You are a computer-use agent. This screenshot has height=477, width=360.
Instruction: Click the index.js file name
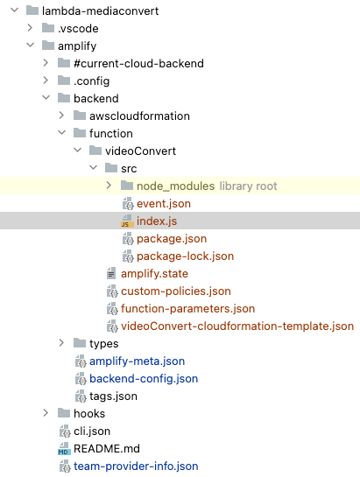coord(156,221)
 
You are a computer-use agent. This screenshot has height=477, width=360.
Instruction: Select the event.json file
coord(163,203)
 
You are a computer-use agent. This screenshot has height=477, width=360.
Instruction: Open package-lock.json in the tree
coord(185,256)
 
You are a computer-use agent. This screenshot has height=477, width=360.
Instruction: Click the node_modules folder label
coord(175,186)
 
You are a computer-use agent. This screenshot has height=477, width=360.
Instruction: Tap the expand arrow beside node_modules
coord(109,186)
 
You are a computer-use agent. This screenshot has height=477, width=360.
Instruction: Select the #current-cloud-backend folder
coord(138,64)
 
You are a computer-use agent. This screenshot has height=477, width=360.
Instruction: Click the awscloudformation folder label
coord(139,116)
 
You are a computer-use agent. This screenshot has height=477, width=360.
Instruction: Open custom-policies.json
coord(175,291)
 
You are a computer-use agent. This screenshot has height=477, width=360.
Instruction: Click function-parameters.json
coord(187,308)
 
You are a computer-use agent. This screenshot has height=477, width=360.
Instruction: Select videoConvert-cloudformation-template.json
coord(236,326)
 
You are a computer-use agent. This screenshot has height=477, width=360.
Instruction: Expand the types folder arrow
coord(61,343)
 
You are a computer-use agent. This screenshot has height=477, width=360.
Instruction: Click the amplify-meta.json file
coord(137,361)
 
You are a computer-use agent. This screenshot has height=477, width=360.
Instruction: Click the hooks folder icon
coord(63,413)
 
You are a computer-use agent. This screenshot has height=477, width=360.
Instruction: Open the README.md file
coord(106,448)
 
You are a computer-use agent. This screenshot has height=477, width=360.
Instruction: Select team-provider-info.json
coord(135,466)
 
